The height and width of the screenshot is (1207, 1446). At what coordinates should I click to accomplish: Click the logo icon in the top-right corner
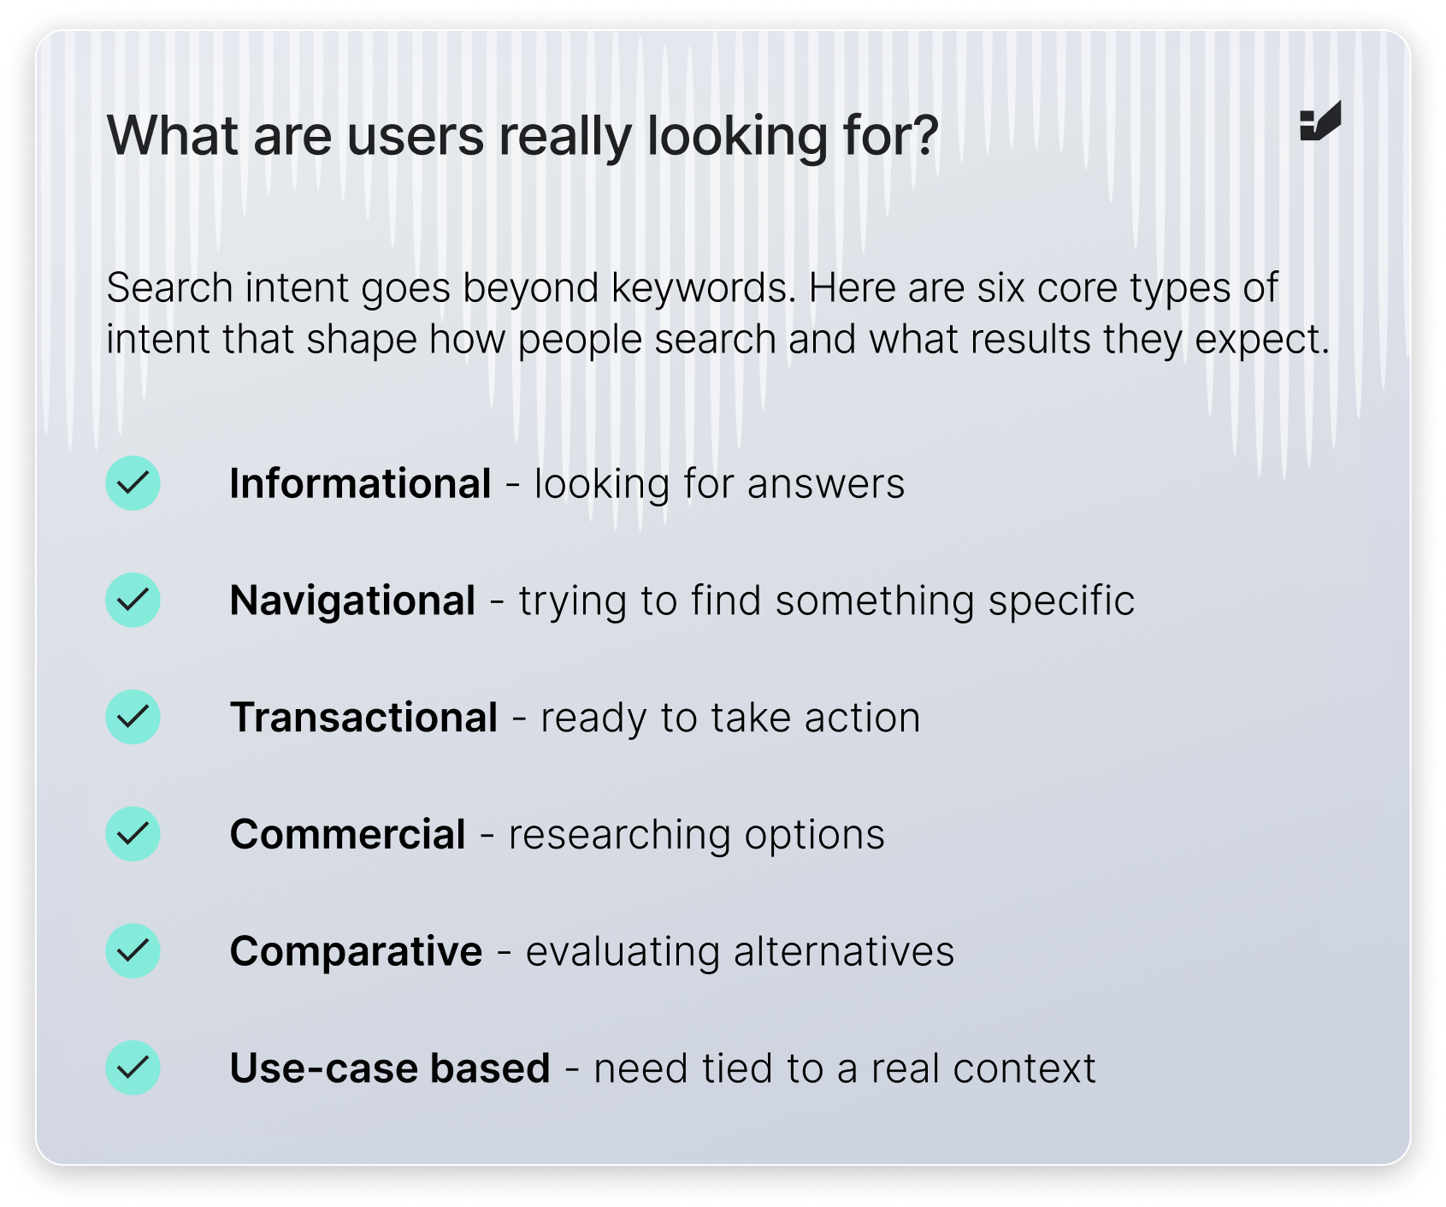(1320, 121)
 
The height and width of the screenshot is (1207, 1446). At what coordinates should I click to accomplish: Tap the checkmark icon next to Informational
(133, 483)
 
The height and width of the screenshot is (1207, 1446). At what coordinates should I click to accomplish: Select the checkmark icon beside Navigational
(133, 600)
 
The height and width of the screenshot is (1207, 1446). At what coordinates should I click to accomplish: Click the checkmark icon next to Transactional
(133, 717)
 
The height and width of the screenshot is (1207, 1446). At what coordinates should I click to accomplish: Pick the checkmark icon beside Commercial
(133, 834)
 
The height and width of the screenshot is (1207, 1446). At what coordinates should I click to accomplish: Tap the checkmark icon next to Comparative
(133, 950)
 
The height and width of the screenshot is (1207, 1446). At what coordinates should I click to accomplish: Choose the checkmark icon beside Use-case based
(133, 1068)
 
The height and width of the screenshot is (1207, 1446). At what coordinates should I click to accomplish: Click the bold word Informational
(360, 483)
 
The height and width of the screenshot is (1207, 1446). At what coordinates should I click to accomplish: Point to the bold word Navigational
(352, 601)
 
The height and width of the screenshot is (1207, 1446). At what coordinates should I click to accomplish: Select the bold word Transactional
(363, 717)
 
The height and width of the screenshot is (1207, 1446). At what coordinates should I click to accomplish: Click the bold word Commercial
(348, 834)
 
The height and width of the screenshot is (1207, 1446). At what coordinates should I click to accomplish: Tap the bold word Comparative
(357, 951)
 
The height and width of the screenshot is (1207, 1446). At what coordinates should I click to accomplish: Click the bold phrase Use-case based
(390, 1068)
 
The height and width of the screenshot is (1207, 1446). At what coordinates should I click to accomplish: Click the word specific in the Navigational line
(1062, 601)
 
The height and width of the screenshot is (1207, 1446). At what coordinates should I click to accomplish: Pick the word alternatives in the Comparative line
(844, 952)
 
